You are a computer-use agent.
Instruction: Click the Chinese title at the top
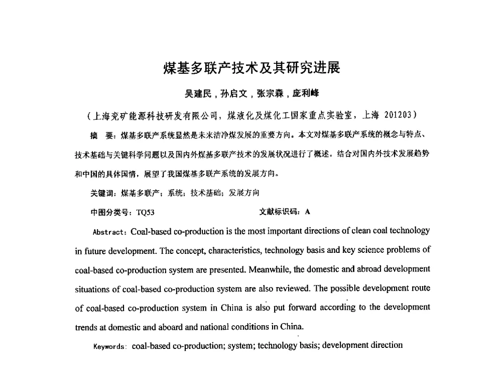pos(252,68)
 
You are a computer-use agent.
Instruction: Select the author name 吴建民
pos(198,94)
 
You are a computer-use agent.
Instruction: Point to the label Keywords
pos(110,346)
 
